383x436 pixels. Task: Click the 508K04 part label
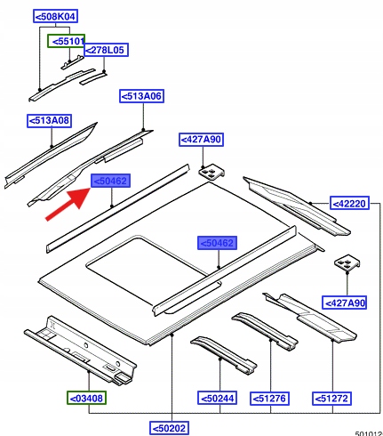[x=55, y=16]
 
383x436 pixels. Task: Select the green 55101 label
[x=67, y=41]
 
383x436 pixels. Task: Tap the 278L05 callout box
[x=107, y=50]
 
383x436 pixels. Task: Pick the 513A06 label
[x=142, y=96]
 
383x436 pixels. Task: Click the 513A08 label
[x=49, y=121]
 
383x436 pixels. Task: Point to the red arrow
[x=68, y=205]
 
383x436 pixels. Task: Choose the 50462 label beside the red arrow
[x=110, y=181]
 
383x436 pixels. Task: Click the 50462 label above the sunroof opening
[x=218, y=243]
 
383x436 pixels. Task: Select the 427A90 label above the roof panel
[x=202, y=140]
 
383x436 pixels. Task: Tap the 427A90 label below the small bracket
[x=345, y=303]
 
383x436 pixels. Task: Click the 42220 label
[x=349, y=204]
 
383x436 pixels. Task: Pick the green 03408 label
[x=86, y=398]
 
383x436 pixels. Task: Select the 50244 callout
[x=218, y=398]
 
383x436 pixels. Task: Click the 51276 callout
[x=269, y=398]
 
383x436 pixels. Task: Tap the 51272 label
[x=331, y=398]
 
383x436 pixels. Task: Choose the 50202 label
[x=169, y=428]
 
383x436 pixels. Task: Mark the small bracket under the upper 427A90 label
[x=211, y=172]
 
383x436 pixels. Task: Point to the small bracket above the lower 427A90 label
[x=347, y=262]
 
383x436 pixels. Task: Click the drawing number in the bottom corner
[x=369, y=433]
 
